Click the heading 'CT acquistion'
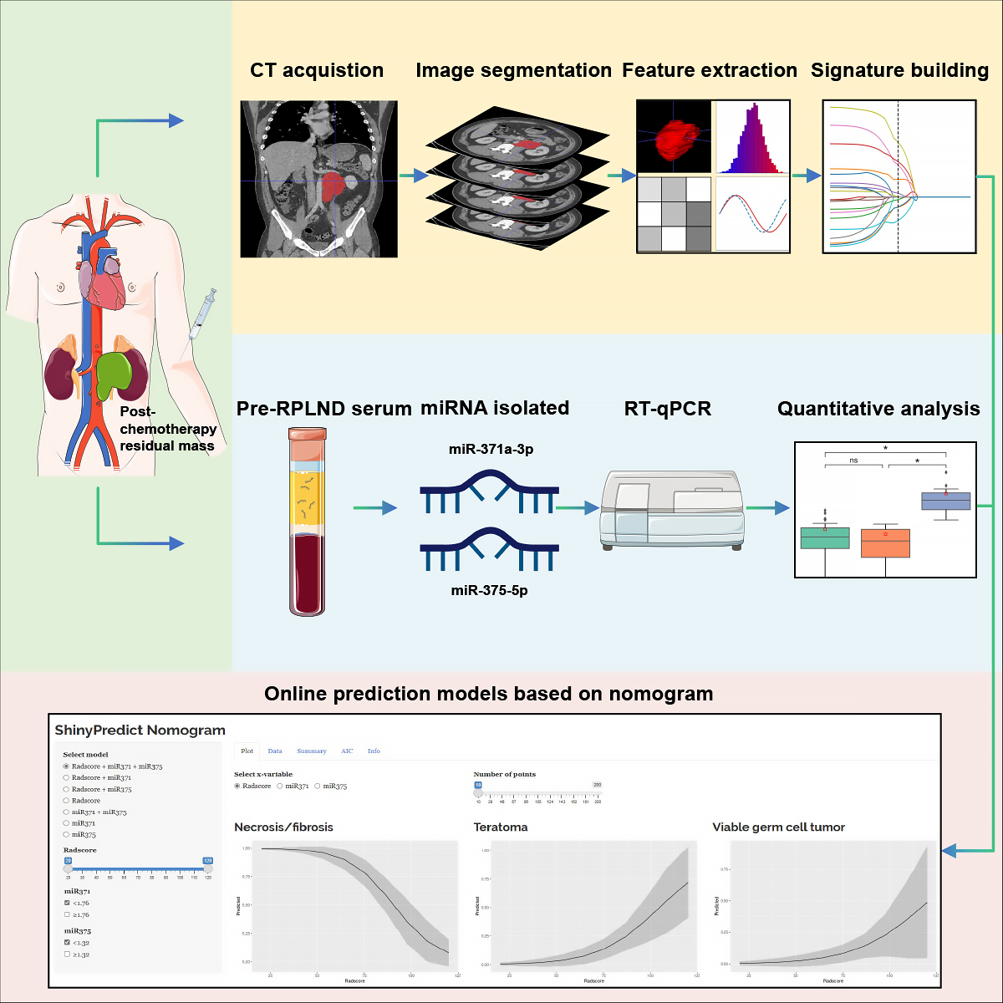coord(317,71)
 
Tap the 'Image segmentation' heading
coord(513,71)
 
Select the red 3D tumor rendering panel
coord(674,137)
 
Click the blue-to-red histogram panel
coord(752,137)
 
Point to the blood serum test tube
coord(307,522)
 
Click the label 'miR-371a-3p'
coord(491,450)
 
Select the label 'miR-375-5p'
coord(489,591)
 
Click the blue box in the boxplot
coord(945,501)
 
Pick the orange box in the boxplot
coord(885,543)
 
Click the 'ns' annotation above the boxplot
coord(853,461)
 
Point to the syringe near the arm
coord(203,313)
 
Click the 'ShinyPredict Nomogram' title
coord(140,731)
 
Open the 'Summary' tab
coord(312,751)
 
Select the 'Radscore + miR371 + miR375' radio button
coord(67,766)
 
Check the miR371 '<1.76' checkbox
coord(67,903)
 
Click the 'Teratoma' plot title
coord(501,827)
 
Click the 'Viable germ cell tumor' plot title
coord(778,827)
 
